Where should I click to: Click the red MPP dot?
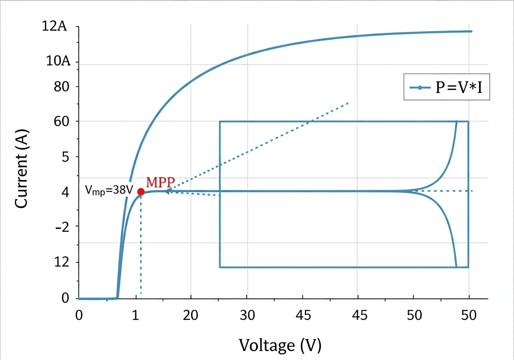click(141, 192)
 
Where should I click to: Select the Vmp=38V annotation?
click(109, 190)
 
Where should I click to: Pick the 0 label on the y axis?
click(66, 298)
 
